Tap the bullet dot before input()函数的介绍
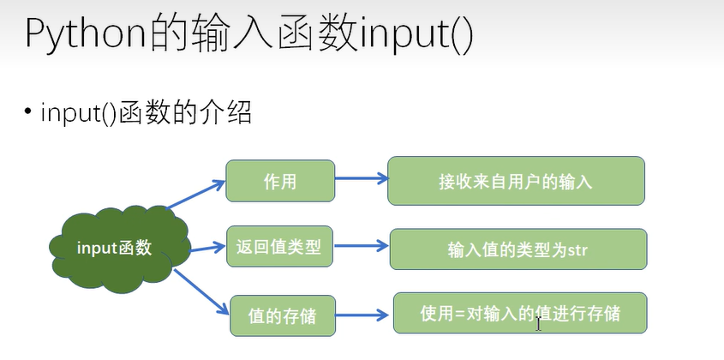[x=29, y=112]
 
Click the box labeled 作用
[x=279, y=181]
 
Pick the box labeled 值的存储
[x=279, y=316]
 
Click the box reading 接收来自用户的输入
[x=515, y=181]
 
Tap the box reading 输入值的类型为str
[x=516, y=249]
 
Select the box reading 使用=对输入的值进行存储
[x=520, y=314]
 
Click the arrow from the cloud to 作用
[x=196, y=194]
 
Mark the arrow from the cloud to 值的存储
[x=201, y=291]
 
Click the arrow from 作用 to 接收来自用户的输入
[x=360, y=180]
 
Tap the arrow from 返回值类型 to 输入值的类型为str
[x=360, y=249]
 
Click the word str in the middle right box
[x=573, y=250]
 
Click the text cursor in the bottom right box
[x=537, y=323]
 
